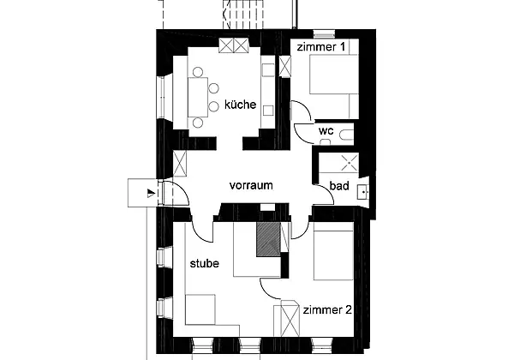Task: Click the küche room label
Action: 240,105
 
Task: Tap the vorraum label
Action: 251,185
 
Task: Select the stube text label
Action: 205,264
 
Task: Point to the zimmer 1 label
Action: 321,47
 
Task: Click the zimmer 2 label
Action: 327,309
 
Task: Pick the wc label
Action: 326,131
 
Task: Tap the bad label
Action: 339,186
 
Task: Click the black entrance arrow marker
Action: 151,193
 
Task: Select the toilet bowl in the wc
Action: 347,135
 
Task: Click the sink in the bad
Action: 363,192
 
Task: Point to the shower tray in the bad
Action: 349,163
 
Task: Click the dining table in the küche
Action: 198,97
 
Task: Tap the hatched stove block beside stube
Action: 268,239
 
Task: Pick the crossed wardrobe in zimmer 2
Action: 286,318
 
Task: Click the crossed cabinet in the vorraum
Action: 179,164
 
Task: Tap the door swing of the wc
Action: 303,133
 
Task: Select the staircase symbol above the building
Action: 243,14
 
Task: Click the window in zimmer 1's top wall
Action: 324,34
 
